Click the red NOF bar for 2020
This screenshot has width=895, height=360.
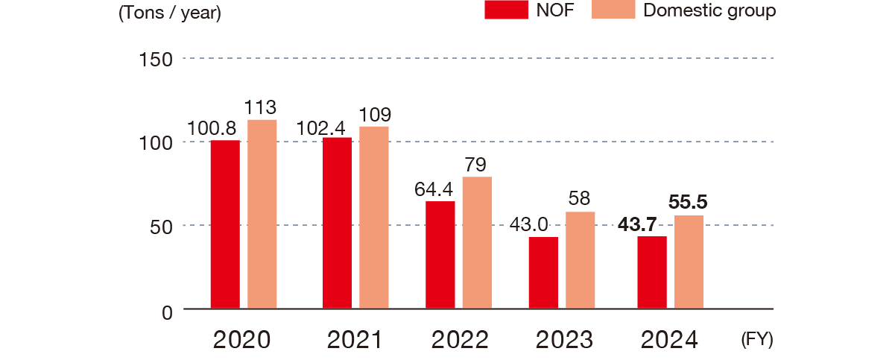pos(224,224)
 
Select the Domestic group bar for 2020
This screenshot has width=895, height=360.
pos(262,214)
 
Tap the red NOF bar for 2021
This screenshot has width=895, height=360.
pos(337,223)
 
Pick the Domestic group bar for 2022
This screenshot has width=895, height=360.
pos(477,242)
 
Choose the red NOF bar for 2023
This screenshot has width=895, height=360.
pos(543,273)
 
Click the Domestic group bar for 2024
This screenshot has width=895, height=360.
pos(689,262)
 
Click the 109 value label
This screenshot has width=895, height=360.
pos(374,115)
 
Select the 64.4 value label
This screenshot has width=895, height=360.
pos(434,189)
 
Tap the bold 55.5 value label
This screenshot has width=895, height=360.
pos(688,202)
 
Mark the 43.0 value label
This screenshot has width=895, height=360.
pos(530,224)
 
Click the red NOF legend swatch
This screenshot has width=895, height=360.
pos(506,10)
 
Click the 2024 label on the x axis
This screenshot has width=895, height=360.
pos(670,341)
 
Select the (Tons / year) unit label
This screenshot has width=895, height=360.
pos(170,14)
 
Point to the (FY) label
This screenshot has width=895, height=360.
pos(757,340)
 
